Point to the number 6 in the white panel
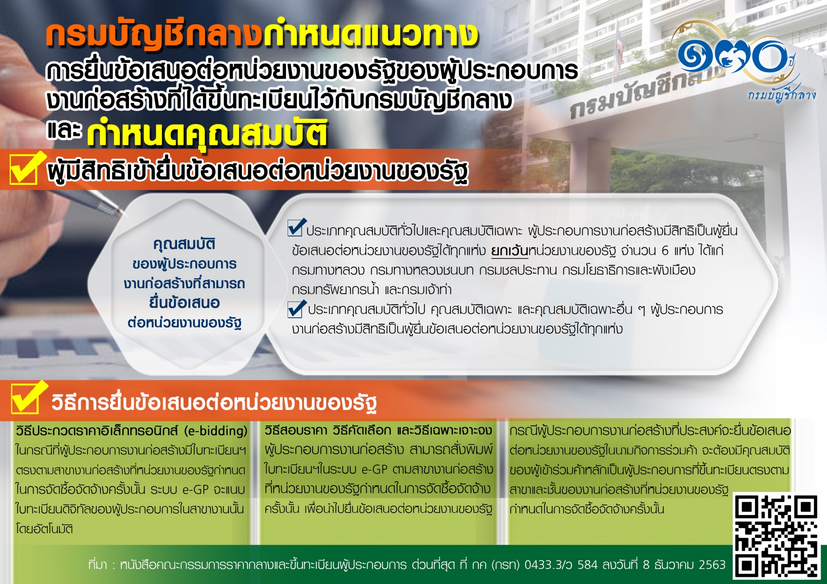tap(665, 251)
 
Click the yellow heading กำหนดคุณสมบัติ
tap(207, 133)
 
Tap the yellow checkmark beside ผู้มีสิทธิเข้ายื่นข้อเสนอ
tap(26, 168)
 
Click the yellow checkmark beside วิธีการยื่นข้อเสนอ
tap(28, 397)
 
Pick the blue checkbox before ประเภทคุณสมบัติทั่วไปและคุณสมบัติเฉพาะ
tap(296, 227)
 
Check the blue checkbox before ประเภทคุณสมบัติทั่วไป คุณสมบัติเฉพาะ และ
tap(297, 309)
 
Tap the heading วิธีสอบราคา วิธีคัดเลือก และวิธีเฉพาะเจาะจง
tap(378, 430)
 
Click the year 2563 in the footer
tap(712, 565)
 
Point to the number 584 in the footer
tap(588, 565)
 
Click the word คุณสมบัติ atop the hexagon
tap(184, 244)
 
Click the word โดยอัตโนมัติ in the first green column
tap(44, 529)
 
